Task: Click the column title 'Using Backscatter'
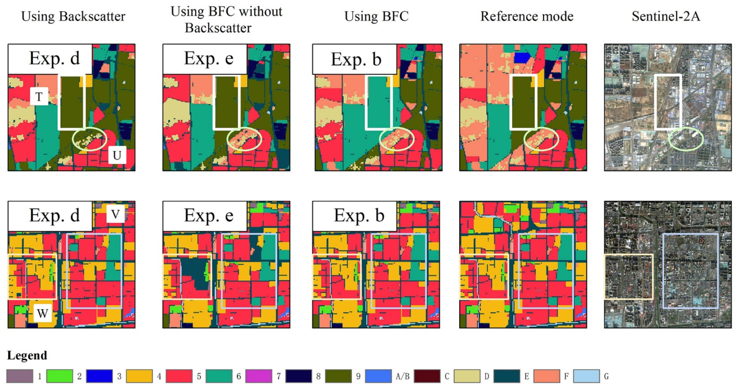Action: [x=73, y=16]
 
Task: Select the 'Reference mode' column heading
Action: [x=527, y=16]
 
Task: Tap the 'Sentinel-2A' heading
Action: [x=666, y=16]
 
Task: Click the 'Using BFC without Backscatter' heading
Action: [x=226, y=19]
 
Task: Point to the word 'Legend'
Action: [x=27, y=355]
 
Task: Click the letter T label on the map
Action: [x=39, y=97]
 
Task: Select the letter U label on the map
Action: [x=117, y=155]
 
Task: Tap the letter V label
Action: [x=115, y=214]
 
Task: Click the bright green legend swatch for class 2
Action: [x=59, y=376]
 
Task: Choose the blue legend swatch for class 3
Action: [x=99, y=376]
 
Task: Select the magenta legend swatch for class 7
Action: [x=258, y=376]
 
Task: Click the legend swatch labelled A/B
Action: [x=378, y=376]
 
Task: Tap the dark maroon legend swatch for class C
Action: [x=427, y=376]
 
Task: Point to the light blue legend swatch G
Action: [x=586, y=376]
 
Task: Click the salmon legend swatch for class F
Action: [x=546, y=376]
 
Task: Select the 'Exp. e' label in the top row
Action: [x=209, y=58]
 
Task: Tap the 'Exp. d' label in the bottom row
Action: [x=54, y=215]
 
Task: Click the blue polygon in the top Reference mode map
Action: [x=522, y=58]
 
